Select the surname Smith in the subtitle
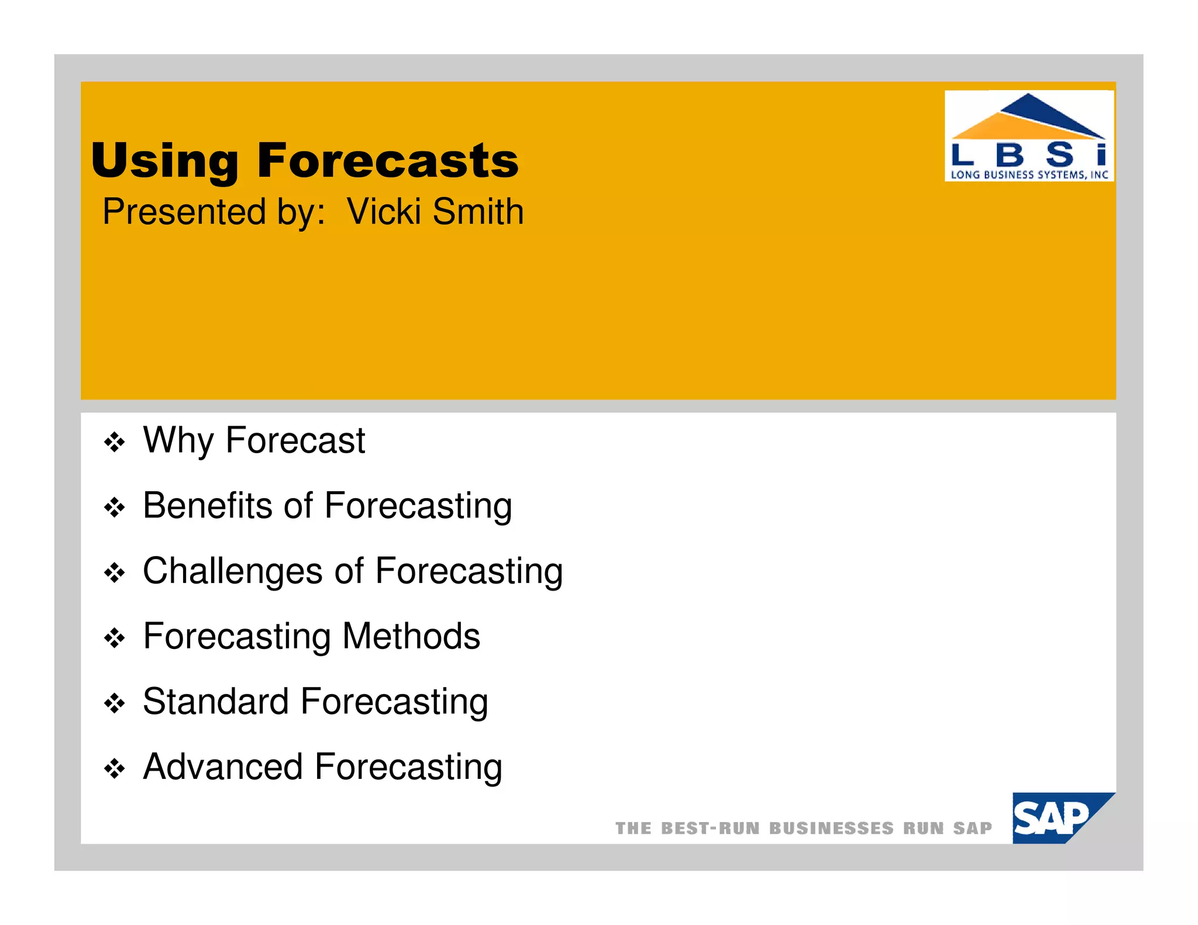478,212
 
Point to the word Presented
184,212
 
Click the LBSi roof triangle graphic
1028,118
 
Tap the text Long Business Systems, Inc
1029,174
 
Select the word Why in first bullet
178,440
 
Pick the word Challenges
232,571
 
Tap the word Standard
215,702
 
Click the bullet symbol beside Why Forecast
114,443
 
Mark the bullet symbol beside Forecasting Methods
114,638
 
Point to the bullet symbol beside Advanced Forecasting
114,769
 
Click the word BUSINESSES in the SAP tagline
831,829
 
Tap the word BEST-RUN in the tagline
710,829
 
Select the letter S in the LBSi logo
1060,155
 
